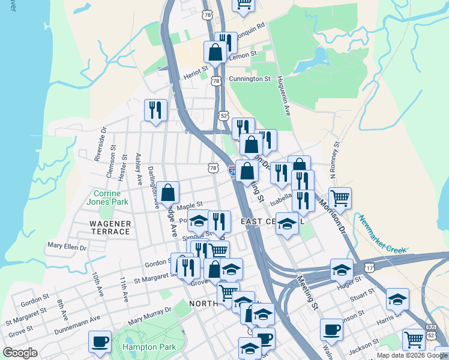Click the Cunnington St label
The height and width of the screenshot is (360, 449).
(250, 79)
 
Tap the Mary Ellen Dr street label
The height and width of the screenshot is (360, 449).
(67, 247)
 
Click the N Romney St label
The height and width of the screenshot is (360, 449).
(335, 160)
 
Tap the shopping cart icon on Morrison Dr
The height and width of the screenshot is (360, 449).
(340, 197)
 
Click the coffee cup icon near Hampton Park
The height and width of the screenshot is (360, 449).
(100, 341)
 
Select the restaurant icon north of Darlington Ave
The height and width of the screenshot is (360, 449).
(155, 110)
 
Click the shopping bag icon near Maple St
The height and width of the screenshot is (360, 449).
(169, 193)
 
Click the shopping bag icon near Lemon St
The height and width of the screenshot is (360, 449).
(215, 52)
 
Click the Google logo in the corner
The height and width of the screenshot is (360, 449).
(20, 353)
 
